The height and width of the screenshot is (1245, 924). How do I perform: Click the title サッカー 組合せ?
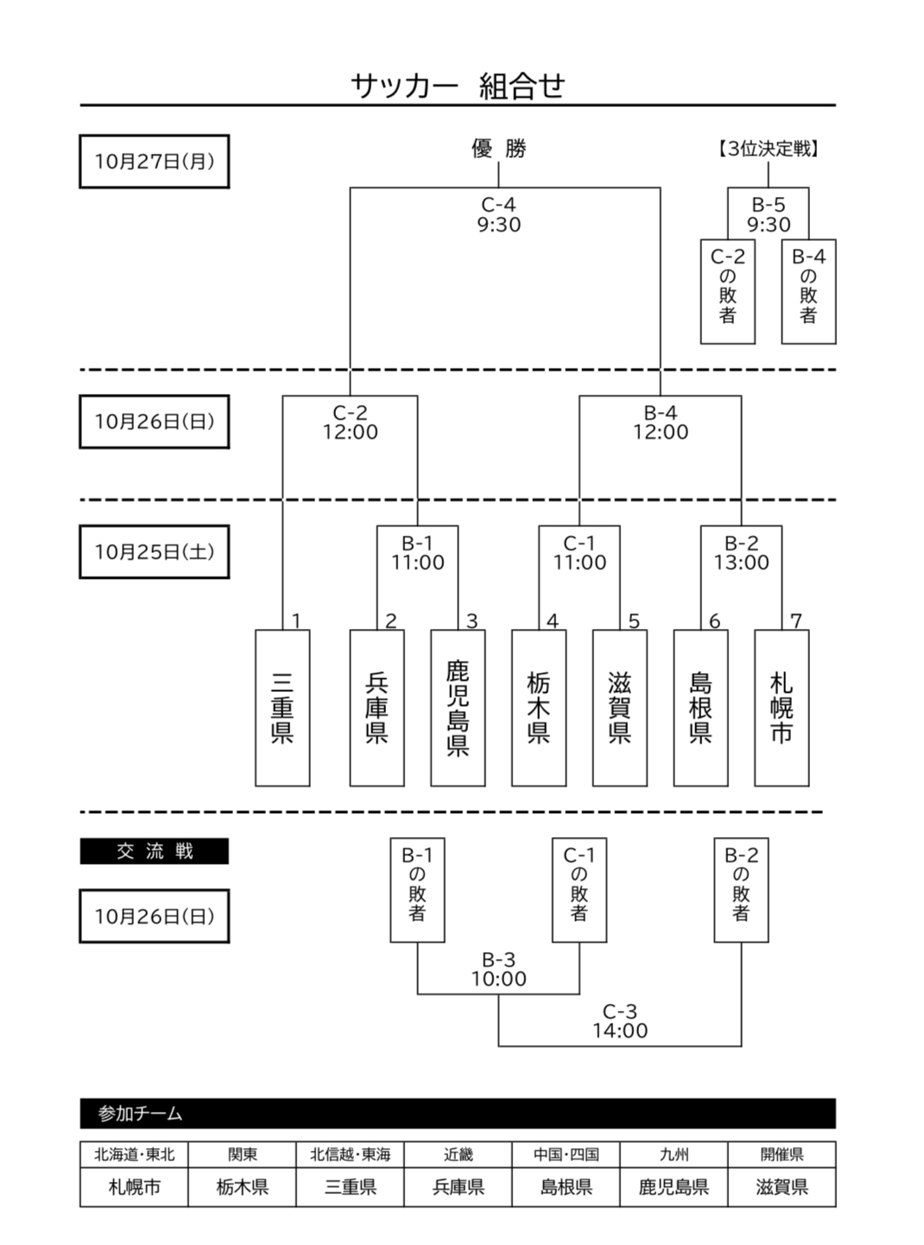click(x=458, y=86)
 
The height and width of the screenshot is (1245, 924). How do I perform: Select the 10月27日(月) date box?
click(x=155, y=162)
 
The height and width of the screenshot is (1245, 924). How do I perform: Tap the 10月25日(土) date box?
click(x=155, y=551)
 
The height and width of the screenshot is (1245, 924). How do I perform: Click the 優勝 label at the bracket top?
click(x=499, y=149)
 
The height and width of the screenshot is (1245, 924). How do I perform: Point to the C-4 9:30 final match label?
click(x=499, y=214)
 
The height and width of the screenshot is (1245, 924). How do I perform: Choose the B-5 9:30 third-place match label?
click(x=769, y=214)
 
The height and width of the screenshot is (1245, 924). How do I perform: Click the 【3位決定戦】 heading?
click(x=769, y=149)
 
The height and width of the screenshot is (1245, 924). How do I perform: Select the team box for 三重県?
click(x=282, y=708)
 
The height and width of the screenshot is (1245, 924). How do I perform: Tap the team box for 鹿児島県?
click(x=458, y=708)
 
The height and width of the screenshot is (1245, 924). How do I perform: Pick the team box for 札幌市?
click(x=782, y=708)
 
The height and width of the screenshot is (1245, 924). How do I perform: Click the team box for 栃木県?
click(x=539, y=708)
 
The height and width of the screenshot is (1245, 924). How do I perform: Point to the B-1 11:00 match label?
click(x=417, y=553)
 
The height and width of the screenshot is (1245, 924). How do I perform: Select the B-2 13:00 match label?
click(x=741, y=553)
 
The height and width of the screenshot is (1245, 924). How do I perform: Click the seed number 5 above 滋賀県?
click(x=634, y=621)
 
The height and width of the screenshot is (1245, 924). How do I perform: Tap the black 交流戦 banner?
click(x=155, y=851)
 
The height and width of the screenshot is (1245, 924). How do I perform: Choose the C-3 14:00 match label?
click(x=620, y=1020)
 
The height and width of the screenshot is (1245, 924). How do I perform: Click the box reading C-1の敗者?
click(x=579, y=889)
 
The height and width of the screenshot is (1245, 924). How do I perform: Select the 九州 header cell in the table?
click(x=674, y=1154)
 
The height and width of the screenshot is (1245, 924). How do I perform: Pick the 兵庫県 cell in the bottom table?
click(x=458, y=1187)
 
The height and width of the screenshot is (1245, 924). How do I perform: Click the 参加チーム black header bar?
click(x=458, y=1114)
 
